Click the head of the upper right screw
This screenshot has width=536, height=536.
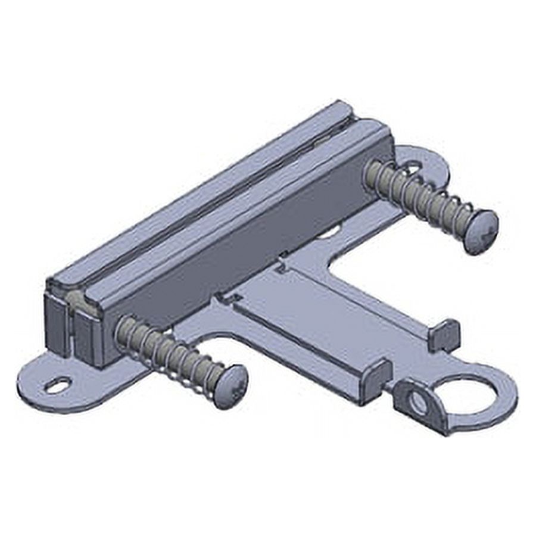point(481,231)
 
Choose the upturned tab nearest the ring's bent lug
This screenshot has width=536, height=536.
point(375,379)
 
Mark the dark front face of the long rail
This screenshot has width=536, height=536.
point(238,256)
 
